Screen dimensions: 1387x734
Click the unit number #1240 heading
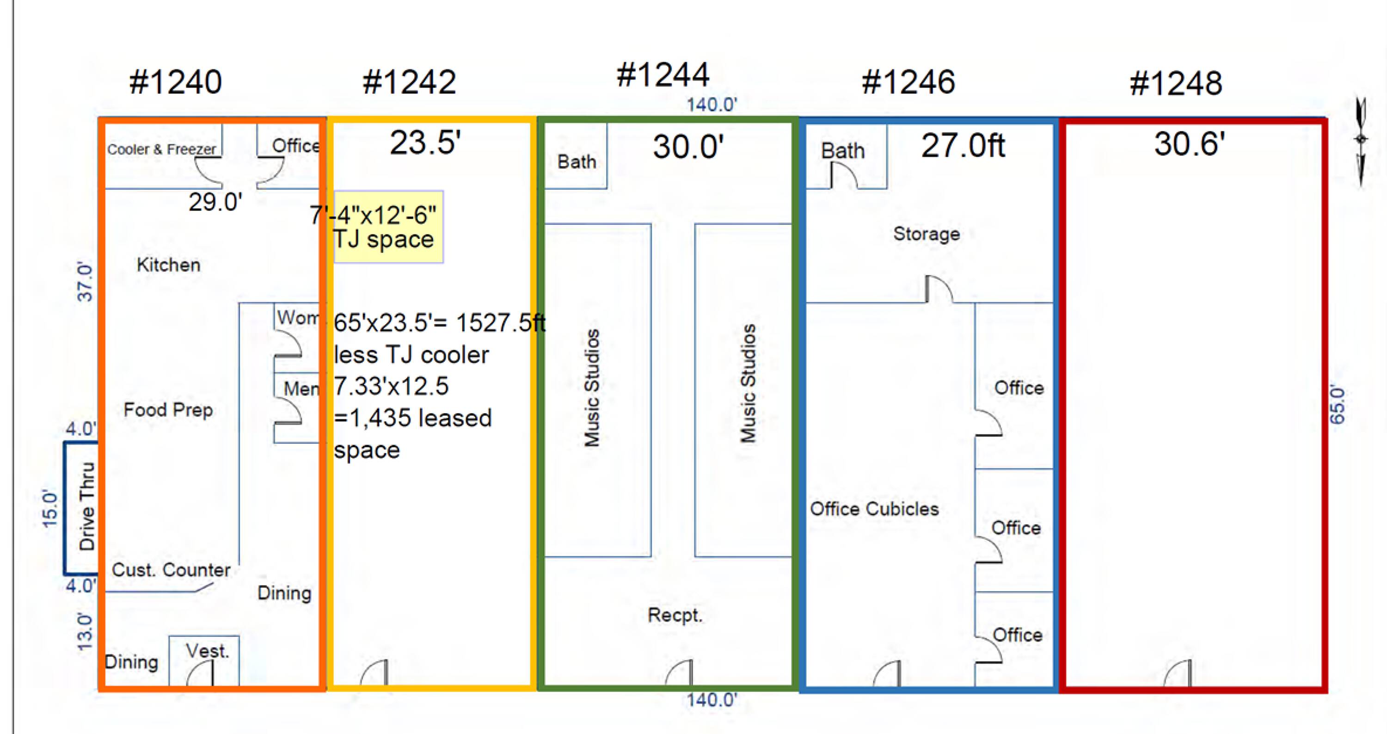pos(176,82)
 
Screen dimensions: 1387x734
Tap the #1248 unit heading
pos(1176,83)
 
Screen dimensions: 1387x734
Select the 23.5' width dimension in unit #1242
pos(425,143)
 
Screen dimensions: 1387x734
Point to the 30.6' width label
pos(1190,144)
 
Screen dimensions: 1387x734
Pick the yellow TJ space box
pos(388,227)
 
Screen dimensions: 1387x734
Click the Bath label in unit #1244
pos(577,161)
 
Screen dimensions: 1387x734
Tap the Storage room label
pos(926,234)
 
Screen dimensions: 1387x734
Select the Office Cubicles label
pos(874,509)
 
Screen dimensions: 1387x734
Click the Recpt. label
pos(675,615)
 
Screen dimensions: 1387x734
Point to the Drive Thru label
pos(87,506)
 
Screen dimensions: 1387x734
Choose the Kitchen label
pos(169,265)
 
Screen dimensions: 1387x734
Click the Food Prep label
pos(168,410)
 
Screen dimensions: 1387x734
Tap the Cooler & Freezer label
pos(161,149)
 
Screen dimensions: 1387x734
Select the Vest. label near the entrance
pos(207,651)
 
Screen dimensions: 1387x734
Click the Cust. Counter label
pos(171,570)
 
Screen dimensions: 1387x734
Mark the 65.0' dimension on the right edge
pos(1338,404)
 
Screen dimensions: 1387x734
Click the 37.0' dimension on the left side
pos(85,282)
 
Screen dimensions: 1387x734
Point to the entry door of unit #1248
pos(1178,673)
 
